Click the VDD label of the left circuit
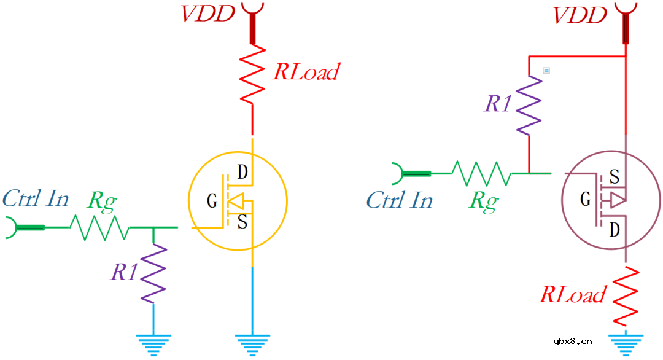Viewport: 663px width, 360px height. pyautogui.click(x=207, y=14)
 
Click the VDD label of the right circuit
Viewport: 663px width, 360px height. pyautogui.click(x=580, y=15)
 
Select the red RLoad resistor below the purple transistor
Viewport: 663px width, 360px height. pyautogui.click(x=626, y=295)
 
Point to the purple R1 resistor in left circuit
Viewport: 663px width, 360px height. pyautogui.click(x=153, y=273)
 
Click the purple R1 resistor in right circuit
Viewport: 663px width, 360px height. pyautogui.click(x=529, y=105)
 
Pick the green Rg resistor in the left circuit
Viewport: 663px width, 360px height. pyautogui.click(x=99, y=228)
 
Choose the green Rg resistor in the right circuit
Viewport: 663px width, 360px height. pyautogui.click(x=481, y=174)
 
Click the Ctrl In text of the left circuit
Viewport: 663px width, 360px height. pyautogui.click(x=36, y=198)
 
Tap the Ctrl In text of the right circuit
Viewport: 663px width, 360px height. pyautogui.click(x=400, y=200)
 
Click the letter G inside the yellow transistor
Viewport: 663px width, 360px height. pyautogui.click(x=212, y=201)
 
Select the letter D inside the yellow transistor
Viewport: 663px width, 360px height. pyautogui.click(x=242, y=173)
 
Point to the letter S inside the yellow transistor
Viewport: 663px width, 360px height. pyautogui.click(x=242, y=222)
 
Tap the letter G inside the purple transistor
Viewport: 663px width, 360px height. pyautogui.click(x=586, y=200)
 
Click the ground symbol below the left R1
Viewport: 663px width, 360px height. pyautogui.click(x=153, y=345)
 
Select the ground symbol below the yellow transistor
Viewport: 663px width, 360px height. pyautogui.click(x=252, y=345)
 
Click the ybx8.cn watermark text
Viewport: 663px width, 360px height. pyautogui.click(x=573, y=342)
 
